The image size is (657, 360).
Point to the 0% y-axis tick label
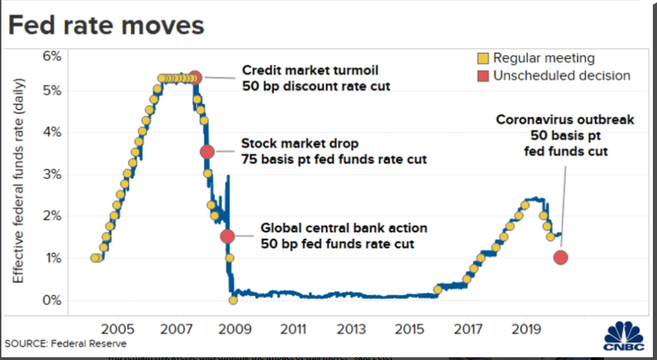click(x=52, y=301)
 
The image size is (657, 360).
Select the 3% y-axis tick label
click(x=52, y=174)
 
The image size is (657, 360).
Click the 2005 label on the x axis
click(x=117, y=327)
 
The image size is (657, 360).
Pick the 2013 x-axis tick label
click(x=351, y=327)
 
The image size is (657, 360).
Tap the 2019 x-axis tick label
click(x=526, y=327)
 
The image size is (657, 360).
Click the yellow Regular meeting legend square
click(x=483, y=59)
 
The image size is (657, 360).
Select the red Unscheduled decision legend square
click(x=483, y=76)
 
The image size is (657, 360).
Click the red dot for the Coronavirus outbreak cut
click(x=560, y=257)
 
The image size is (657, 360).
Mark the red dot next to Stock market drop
click(x=207, y=152)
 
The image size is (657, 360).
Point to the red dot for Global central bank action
click(x=228, y=236)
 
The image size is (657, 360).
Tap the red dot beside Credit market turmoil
click(x=195, y=77)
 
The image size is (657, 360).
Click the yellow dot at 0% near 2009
click(x=233, y=300)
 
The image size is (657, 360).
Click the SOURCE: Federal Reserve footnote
click(x=65, y=343)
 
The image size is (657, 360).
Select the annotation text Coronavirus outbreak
click(x=565, y=120)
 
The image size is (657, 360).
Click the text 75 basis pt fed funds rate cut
click(x=334, y=159)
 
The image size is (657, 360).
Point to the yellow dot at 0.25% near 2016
click(x=437, y=290)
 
